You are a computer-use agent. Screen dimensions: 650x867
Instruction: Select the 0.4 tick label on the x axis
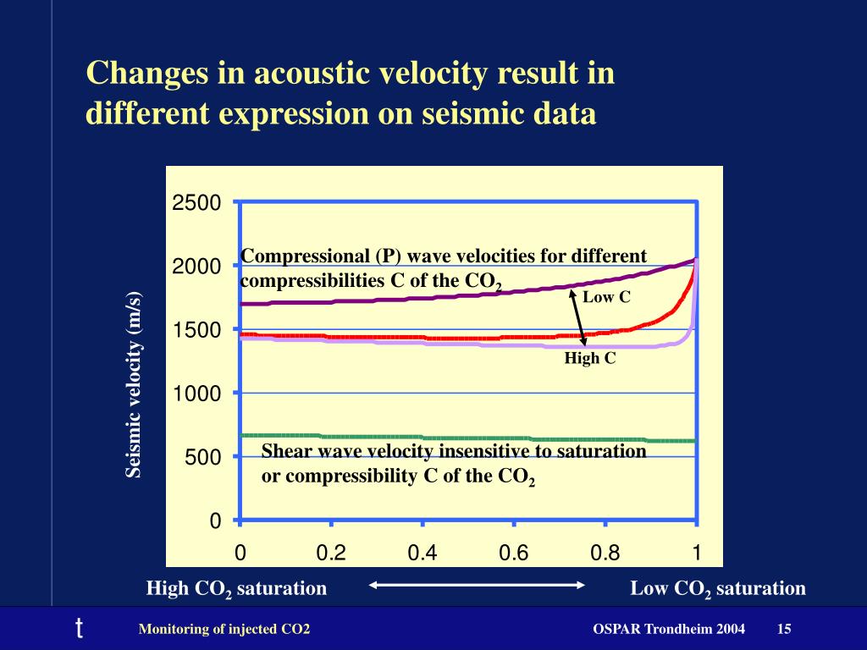click(422, 554)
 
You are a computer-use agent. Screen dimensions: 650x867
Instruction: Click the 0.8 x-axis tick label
click(605, 554)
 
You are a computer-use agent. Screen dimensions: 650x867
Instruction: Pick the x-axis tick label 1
click(696, 554)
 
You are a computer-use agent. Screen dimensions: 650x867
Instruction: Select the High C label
click(590, 359)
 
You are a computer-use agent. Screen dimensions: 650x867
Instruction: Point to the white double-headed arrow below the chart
click(478, 584)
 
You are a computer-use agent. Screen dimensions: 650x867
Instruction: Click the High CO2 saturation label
click(236, 588)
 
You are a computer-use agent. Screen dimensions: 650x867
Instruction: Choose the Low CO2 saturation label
click(717, 588)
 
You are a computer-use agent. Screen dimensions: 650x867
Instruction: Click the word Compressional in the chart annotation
click(291, 256)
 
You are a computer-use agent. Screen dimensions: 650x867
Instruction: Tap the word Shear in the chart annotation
click(284, 451)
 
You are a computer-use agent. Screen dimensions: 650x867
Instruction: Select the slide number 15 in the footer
click(784, 629)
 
